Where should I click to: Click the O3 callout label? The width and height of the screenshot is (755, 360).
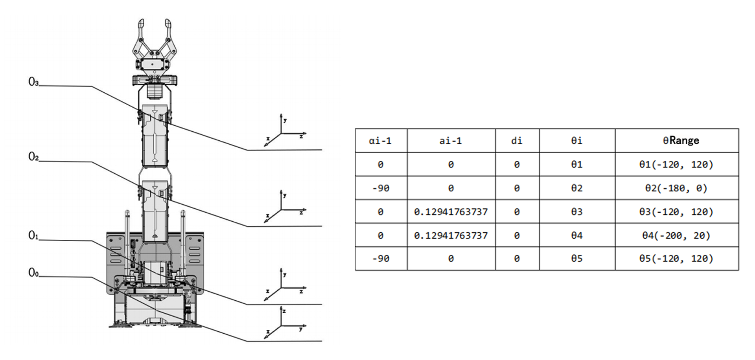coord(33,82)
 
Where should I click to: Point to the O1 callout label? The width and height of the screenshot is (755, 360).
coord(33,235)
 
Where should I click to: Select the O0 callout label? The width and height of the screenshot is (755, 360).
coord(33,272)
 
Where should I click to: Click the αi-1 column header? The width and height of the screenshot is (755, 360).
coord(380,141)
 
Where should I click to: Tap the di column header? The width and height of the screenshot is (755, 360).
coord(517,141)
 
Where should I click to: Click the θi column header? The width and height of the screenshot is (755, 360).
coord(576,141)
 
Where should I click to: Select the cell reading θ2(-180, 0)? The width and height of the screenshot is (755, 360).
coord(676,188)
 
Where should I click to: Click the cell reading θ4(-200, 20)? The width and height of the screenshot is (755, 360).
coord(676,235)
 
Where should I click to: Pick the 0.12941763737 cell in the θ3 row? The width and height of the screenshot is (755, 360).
coord(451,212)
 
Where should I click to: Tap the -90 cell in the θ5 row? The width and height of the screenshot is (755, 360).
coord(380,259)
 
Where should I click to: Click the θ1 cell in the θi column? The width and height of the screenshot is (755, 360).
coord(576,164)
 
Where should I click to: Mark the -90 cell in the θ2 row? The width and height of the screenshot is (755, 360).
coord(380,188)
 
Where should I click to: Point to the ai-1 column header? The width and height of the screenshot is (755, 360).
coord(451,141)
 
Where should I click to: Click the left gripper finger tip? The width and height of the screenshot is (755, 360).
coord(141,24)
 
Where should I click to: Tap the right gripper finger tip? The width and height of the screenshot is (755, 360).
coord(168,24)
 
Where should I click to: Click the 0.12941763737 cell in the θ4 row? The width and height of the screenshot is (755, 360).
coord(451,235)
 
